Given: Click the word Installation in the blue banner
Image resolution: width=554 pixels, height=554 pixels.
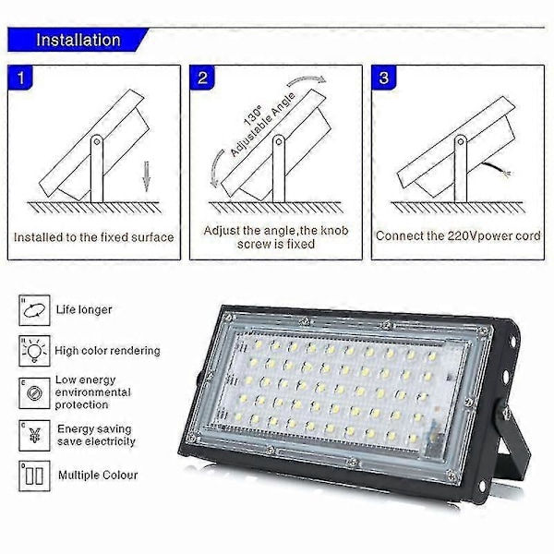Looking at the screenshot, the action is pos(78,40).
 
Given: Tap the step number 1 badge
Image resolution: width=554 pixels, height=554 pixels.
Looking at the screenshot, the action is pos(20,77).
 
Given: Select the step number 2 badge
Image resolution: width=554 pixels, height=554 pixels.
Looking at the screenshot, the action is pos(202,77).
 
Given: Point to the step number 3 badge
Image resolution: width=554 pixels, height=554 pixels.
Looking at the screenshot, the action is pos(384,77).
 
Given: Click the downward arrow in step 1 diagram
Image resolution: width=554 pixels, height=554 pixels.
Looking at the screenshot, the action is pos(146,176).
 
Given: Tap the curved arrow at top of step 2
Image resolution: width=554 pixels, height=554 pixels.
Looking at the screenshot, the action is pos(307,80).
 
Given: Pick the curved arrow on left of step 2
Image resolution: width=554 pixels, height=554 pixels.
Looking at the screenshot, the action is pos(216,169).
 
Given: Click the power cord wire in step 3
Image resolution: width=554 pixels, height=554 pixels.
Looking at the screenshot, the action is pos(496,169).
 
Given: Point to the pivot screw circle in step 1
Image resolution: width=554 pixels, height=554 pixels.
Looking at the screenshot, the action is pos(96,141).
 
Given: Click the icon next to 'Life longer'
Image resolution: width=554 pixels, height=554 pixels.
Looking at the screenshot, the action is pos(34,310).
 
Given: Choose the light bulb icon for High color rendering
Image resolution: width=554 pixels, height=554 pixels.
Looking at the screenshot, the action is pos(34,351).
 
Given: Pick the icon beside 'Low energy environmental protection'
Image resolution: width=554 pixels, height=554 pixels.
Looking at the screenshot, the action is pos(34,393).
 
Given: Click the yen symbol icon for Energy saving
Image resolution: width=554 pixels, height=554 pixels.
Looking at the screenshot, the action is pos(34,435).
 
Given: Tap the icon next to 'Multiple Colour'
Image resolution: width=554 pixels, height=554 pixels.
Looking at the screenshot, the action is pos(34,476).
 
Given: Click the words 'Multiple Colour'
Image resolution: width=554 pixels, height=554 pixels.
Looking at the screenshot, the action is pos(98,476).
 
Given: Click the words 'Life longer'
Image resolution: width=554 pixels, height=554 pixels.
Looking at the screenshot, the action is pos(84,310).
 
